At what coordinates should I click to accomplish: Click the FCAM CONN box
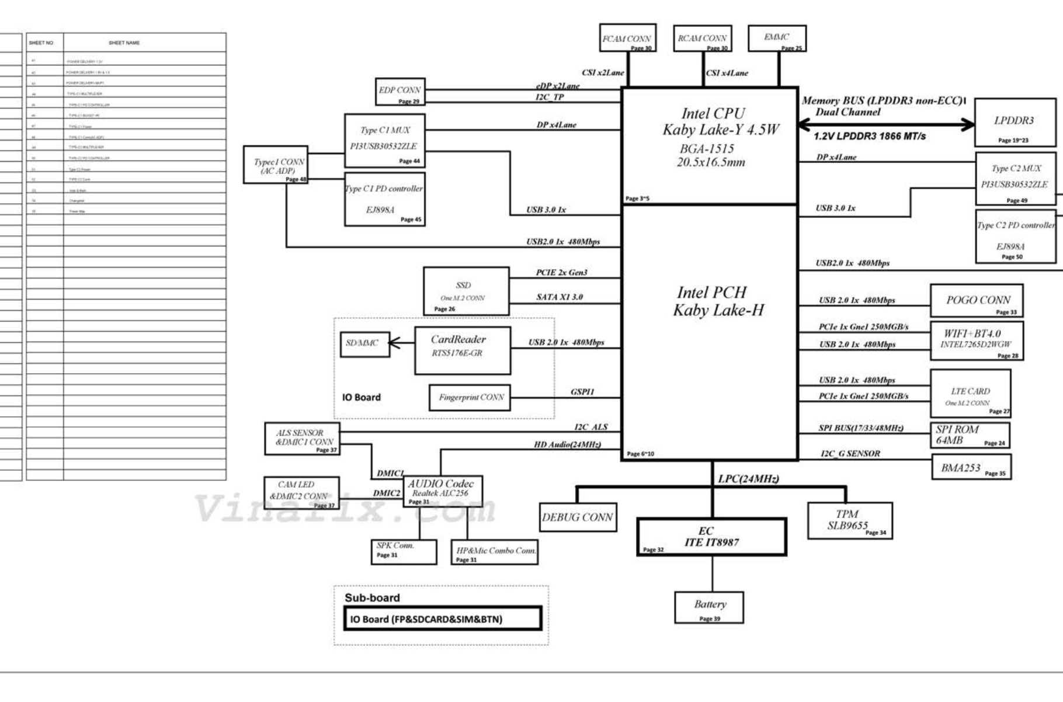tap(627, 38)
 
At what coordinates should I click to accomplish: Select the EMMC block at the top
tap(777, 38)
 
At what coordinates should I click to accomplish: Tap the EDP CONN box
tap(400, 92)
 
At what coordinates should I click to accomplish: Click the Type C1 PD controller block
tap(384, 199)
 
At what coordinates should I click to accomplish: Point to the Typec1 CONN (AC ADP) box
tap(275, 165)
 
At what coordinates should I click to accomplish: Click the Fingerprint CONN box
tap(470, 398)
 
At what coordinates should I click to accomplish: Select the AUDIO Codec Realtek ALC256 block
tap(442, 491)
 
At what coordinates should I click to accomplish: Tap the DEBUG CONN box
tap(577, 517)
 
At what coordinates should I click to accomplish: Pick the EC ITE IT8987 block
tap(711, 537)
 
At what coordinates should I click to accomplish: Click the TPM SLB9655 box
tap(850, 520)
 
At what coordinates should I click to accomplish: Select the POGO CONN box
tap(976, 301)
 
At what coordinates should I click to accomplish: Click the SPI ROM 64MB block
tap(970, 435)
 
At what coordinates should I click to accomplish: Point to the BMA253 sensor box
tap(971, 467)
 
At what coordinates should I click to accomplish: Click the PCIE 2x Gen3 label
tap(561, 273)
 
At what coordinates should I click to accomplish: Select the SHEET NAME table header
tap(124, 43)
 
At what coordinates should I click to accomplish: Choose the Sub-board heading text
tap(372, 597)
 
